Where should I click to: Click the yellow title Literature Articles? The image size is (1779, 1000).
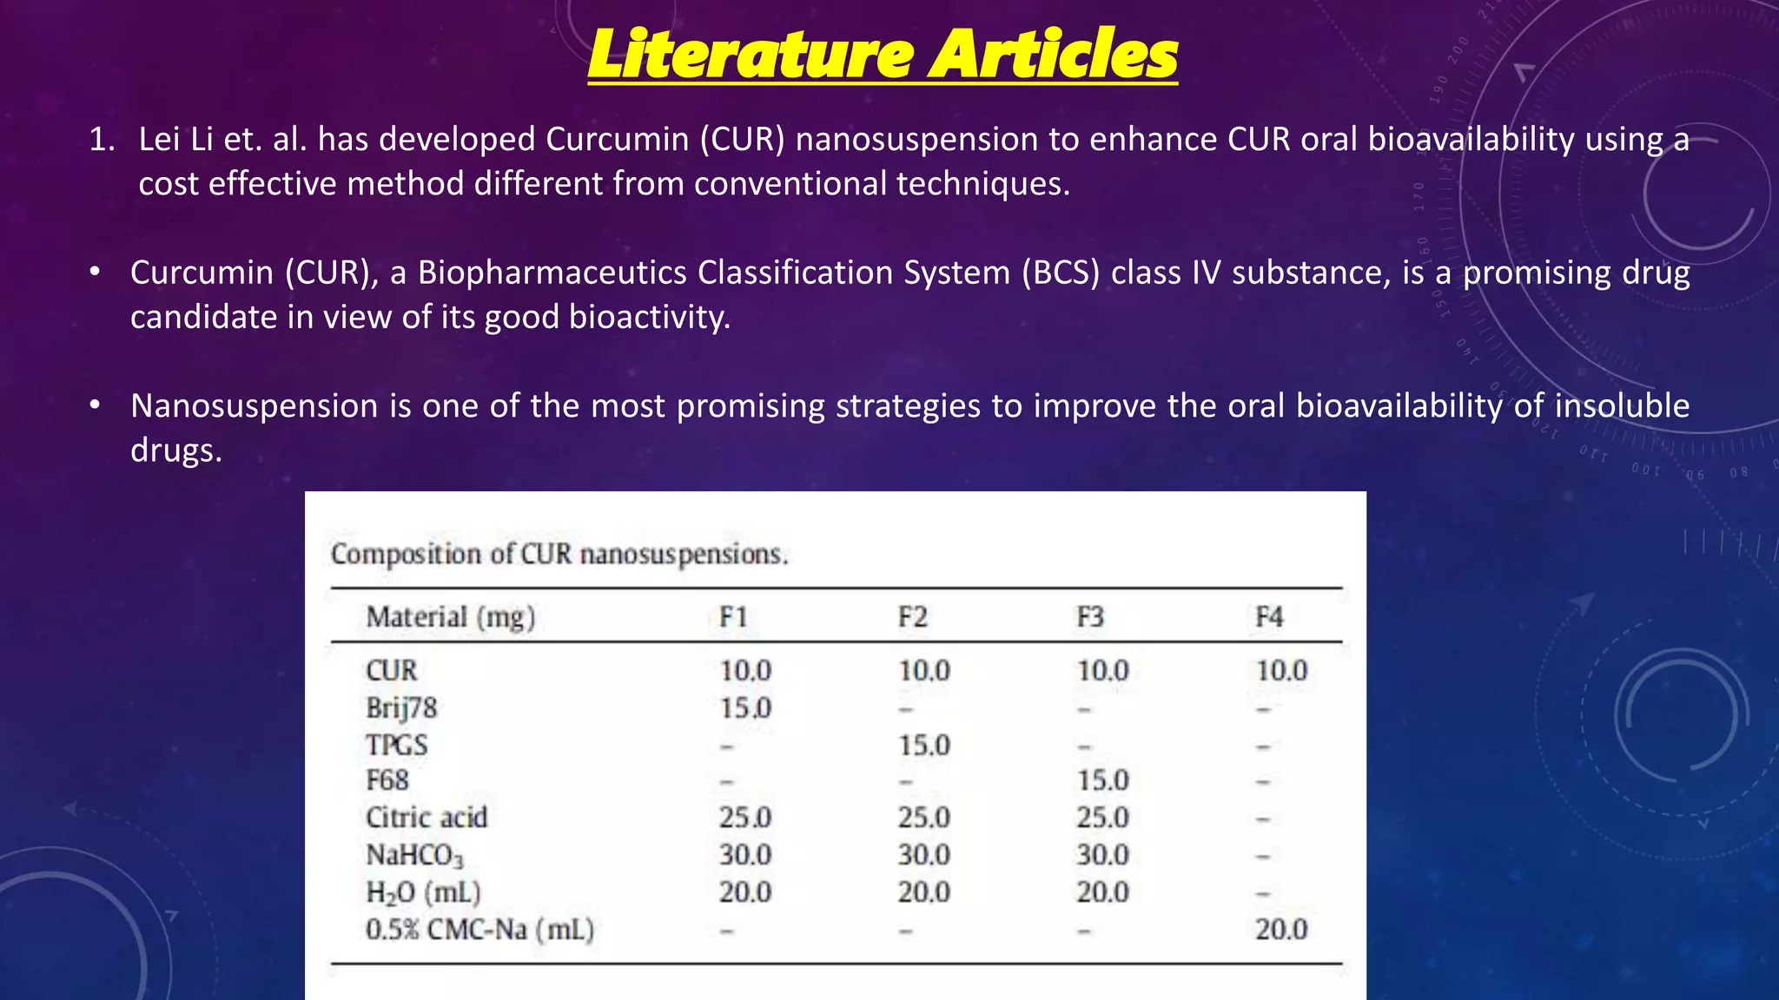tap(882, 54)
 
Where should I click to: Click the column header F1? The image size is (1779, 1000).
tap(733, 617)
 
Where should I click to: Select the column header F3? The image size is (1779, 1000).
tap(1090, 617)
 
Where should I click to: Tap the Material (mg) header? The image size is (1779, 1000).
tap(450, 617)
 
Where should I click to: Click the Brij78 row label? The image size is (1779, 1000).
tap(401, 708)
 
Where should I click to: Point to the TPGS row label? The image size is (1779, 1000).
tap(397, 746)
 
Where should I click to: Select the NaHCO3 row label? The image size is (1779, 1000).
tap(414, 856)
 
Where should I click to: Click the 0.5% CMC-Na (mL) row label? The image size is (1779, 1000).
tap(479, 930)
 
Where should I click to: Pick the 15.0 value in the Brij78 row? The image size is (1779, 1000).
tap(744, 708)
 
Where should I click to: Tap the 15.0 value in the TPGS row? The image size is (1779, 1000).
tap(923, 746)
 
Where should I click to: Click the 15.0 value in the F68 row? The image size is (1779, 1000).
tap(1102, 780)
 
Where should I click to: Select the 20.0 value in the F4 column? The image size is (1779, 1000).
tap(1281, 930)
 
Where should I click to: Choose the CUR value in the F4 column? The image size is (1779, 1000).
tap(1281, 671)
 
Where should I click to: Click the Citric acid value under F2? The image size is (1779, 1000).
tap(923, 818)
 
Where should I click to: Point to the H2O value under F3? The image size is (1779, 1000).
tap(1102, 892)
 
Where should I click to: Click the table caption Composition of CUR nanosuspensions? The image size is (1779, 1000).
tap(559, 554)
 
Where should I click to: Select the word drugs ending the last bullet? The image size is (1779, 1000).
tap(175, 451)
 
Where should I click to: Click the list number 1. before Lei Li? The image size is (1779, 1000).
tap(102, 140)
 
